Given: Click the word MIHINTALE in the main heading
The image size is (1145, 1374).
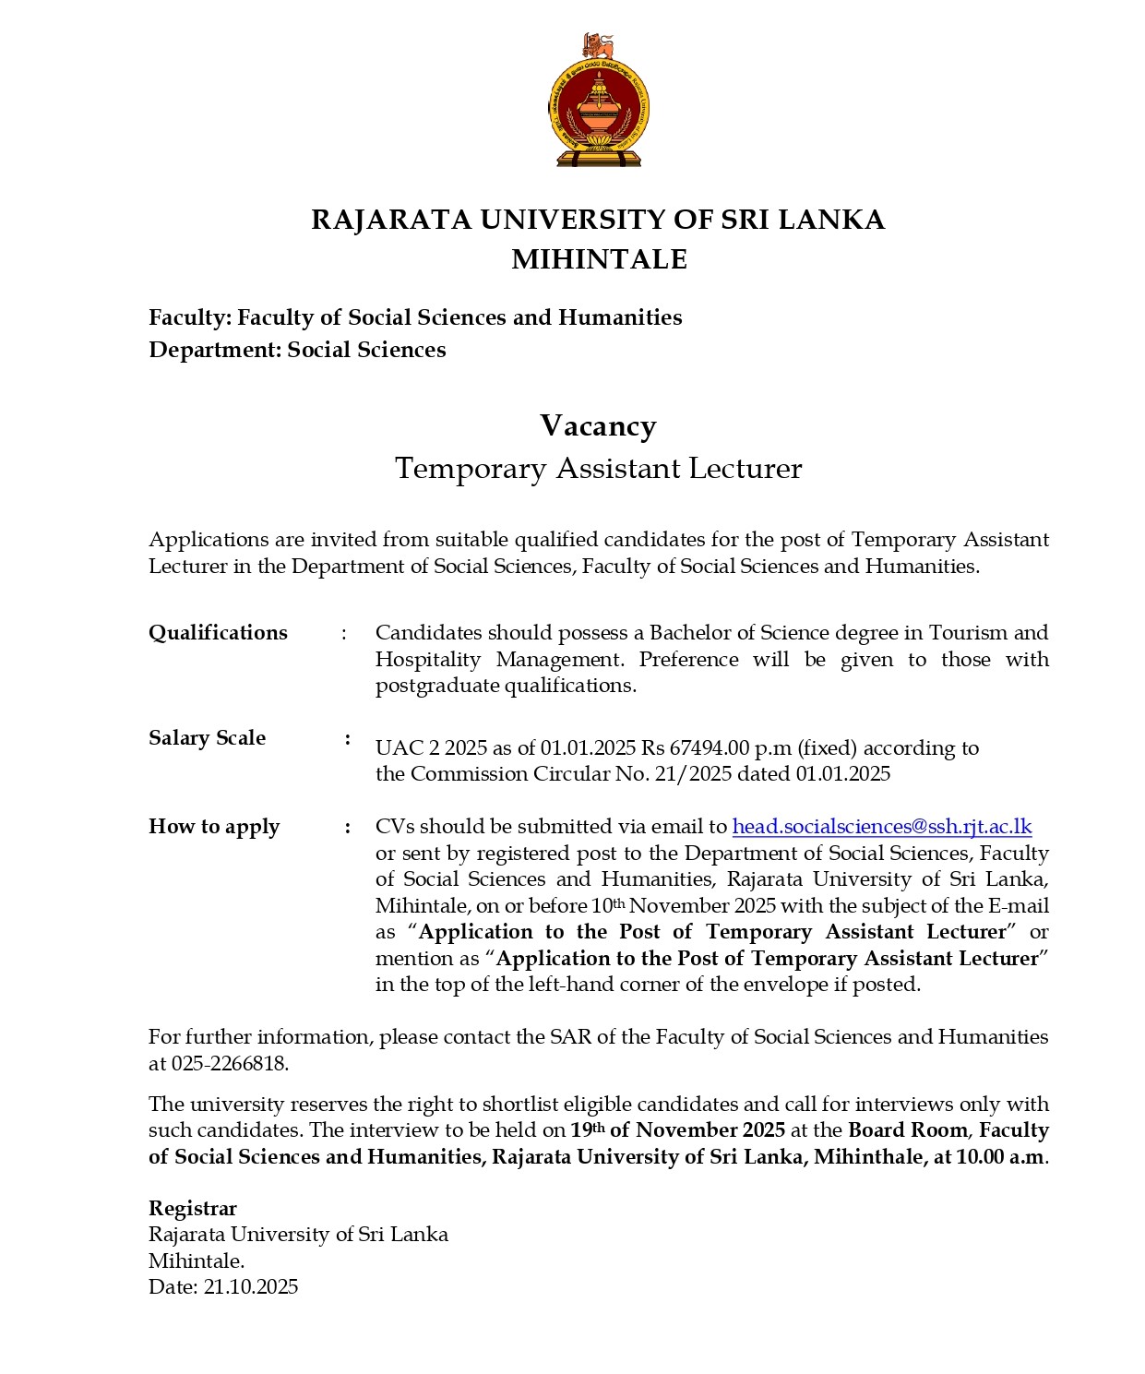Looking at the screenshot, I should tap(599, 259).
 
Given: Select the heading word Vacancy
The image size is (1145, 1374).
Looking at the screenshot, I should tap(598, 426).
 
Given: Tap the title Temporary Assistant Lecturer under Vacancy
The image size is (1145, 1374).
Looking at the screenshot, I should tap(598, 469).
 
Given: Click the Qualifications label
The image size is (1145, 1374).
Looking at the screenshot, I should tap(218, 633).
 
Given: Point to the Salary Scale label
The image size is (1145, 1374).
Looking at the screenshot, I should tap(207, 738).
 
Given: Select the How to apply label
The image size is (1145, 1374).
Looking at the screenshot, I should tap(213, 827).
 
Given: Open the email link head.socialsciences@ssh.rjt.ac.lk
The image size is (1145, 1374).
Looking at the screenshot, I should tap(881, 827).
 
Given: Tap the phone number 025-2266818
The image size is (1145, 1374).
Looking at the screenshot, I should tap(229, 1064).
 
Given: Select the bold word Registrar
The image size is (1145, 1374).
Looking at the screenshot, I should tap(192, 1209).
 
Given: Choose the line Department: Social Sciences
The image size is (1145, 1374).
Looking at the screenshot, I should tap(296, 351).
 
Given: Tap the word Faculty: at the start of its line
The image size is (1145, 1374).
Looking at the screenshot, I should tap(189, 318).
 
